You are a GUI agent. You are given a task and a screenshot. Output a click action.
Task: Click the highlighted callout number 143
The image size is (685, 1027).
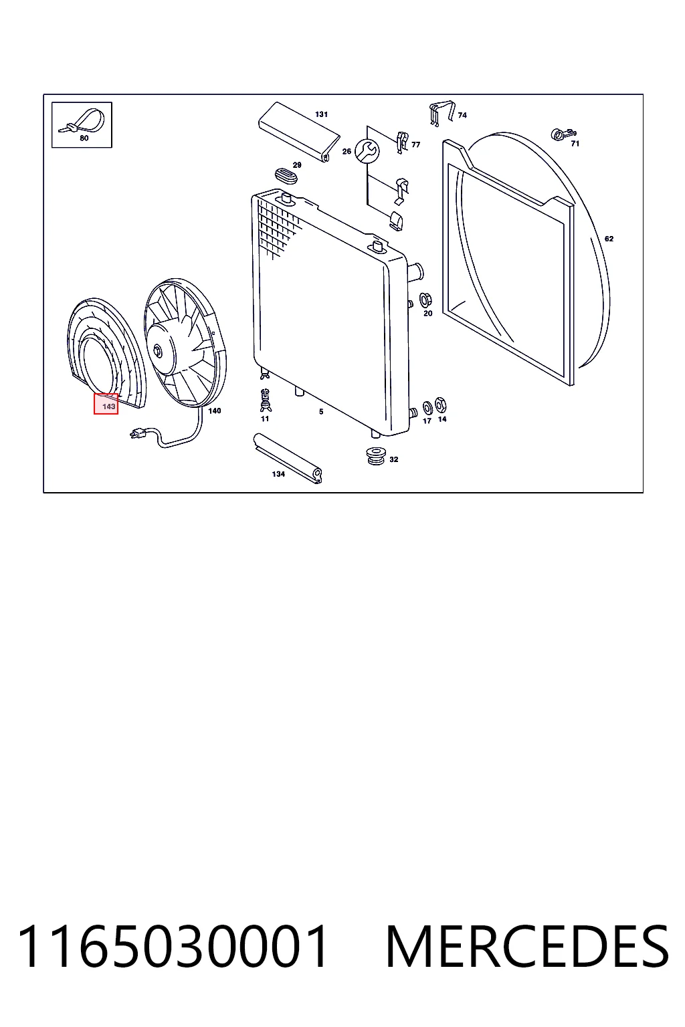109,407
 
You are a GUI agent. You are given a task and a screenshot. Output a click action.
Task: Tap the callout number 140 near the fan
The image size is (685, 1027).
215,411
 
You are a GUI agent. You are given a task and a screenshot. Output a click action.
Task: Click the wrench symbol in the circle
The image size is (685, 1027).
367,151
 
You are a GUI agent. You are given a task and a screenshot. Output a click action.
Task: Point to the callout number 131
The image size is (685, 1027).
321,114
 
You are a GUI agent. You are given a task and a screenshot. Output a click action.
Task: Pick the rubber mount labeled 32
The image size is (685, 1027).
376,455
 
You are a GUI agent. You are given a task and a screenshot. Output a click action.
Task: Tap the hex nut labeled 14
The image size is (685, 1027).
441,405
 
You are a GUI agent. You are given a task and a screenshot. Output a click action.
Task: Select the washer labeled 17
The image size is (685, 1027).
427,407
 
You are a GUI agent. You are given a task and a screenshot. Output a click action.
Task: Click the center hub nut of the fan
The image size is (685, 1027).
157,351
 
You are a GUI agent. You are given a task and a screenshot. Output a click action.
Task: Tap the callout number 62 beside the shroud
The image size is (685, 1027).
609,239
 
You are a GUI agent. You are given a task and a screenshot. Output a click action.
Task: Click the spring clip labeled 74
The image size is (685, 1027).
442,113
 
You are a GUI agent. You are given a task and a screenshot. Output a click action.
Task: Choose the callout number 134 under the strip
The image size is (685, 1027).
278,474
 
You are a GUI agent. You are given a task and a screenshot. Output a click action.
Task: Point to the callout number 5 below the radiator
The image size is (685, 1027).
321,412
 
